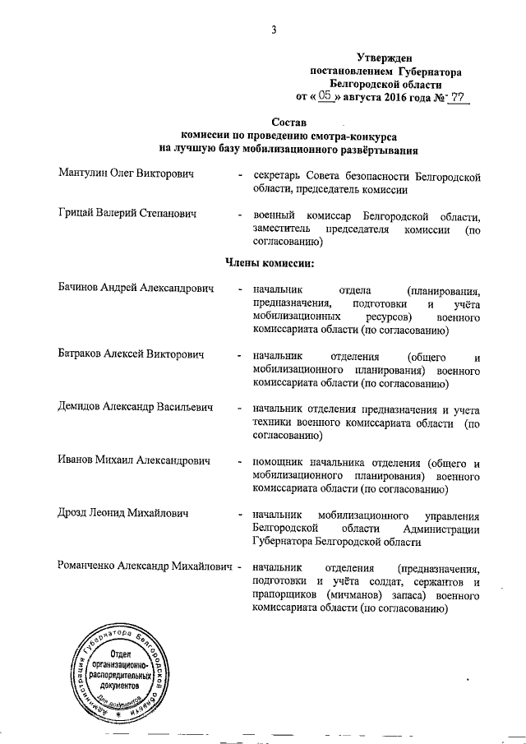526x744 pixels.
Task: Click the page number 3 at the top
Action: pos(273,31)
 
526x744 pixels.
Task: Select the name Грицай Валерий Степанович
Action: pos(128,215)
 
